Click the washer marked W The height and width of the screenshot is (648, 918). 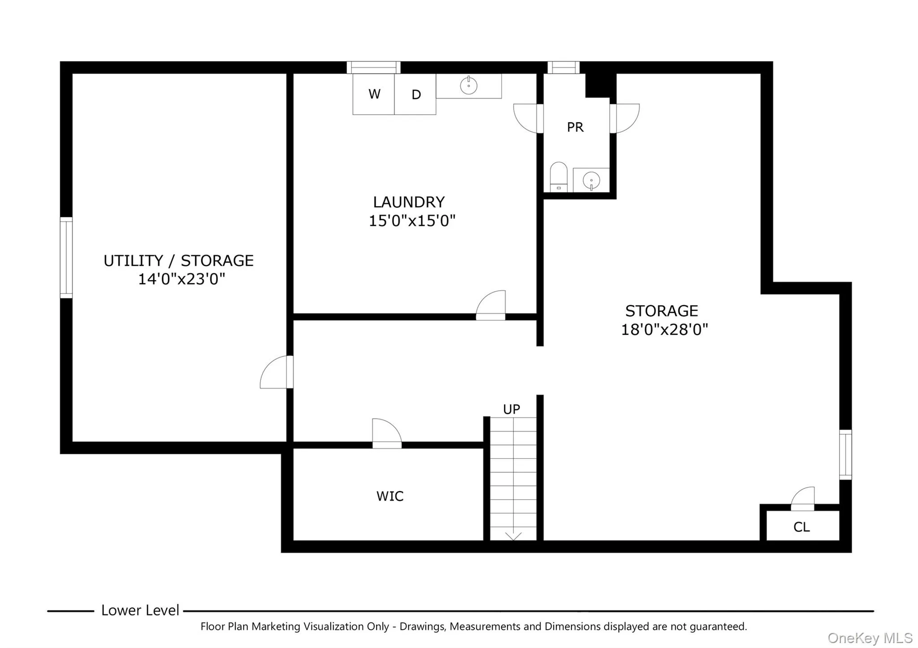click(x=373, y=94)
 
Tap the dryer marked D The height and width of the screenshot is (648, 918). click(x=416, y=95)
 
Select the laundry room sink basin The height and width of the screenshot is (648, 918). click(x=468, y=85)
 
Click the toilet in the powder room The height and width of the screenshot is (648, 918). click(x=559, y=177)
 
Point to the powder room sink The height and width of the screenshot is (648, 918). click(x=591, y=180)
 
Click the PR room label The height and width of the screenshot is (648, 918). click(x=575, y=127)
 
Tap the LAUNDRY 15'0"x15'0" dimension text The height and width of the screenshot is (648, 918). click(x=411, y=220)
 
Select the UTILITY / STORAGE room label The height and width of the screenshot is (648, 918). click(x=178, y=261)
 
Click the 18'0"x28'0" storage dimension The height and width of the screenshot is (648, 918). click(x=664, y=330)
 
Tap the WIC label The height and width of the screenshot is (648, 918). click(x=390, y=496)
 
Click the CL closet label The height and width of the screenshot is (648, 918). click(x=801, y=527)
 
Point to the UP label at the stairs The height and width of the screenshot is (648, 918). click(x=511, y=409)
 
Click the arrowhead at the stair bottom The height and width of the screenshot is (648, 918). click(x=513, y=536)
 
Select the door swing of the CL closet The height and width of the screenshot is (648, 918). click(x=804, y=497)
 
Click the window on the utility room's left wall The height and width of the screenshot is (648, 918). click(x=66, y=258)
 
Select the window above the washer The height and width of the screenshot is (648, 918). click(x=373, y=68)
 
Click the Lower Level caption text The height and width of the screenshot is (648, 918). click(x=140, y=610)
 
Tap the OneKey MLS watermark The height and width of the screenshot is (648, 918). click(x=870, y=638)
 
